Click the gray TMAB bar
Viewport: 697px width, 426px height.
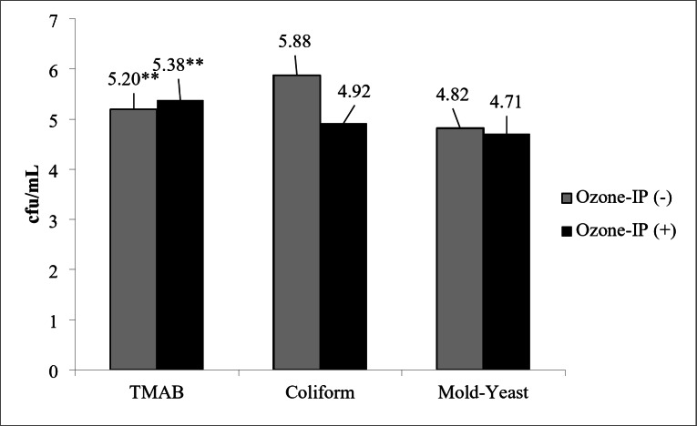(x=133, y=239)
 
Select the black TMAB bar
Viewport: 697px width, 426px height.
(x=180, y=235)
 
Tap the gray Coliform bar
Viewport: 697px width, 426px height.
(x=296, y=222)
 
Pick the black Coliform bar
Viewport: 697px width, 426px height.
(x=343, y=247)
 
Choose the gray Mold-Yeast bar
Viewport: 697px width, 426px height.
(x=459, y=248)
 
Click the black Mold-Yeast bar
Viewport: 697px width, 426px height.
(x=507, y=252)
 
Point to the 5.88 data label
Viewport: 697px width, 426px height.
(x=294, y=42)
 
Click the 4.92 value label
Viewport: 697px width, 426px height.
(x=354, y=92)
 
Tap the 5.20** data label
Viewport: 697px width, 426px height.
(x=133, y=79)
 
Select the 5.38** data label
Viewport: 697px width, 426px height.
(x=179, y=65)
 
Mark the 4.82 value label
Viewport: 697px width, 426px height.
(x=452, y=95)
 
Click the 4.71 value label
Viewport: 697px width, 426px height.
(x=506, y=103)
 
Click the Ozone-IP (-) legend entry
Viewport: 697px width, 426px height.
(x=617, y=198)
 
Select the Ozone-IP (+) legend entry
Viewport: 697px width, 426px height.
(x=619, y=230)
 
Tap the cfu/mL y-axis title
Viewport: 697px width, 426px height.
(x=34, y=195)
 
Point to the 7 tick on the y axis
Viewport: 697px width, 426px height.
(x=55, y=21)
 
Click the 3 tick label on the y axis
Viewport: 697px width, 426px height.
(x=54, y=221)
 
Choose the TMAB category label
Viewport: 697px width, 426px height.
(x=157, y=392)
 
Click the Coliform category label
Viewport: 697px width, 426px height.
(x=320, y=392)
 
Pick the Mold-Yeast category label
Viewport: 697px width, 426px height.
(x=483, y=392)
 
